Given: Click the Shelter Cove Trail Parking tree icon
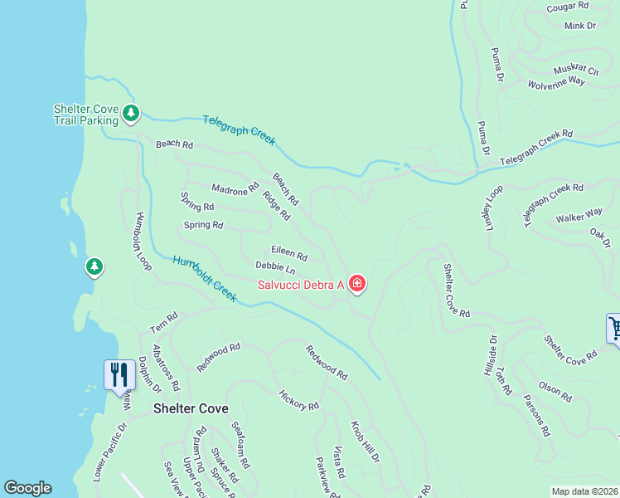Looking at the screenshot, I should (130, 114).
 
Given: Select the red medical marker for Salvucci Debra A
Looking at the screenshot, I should (357, 285).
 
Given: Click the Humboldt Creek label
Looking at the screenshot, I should (205, 278).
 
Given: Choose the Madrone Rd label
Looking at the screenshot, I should (235, 190).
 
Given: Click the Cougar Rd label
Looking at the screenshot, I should (568, 7).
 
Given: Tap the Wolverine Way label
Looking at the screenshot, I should (556, 83).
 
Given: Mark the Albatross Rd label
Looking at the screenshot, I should (166, 369).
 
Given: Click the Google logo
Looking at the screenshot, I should (27, 488).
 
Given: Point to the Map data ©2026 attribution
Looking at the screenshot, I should (585, 491).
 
